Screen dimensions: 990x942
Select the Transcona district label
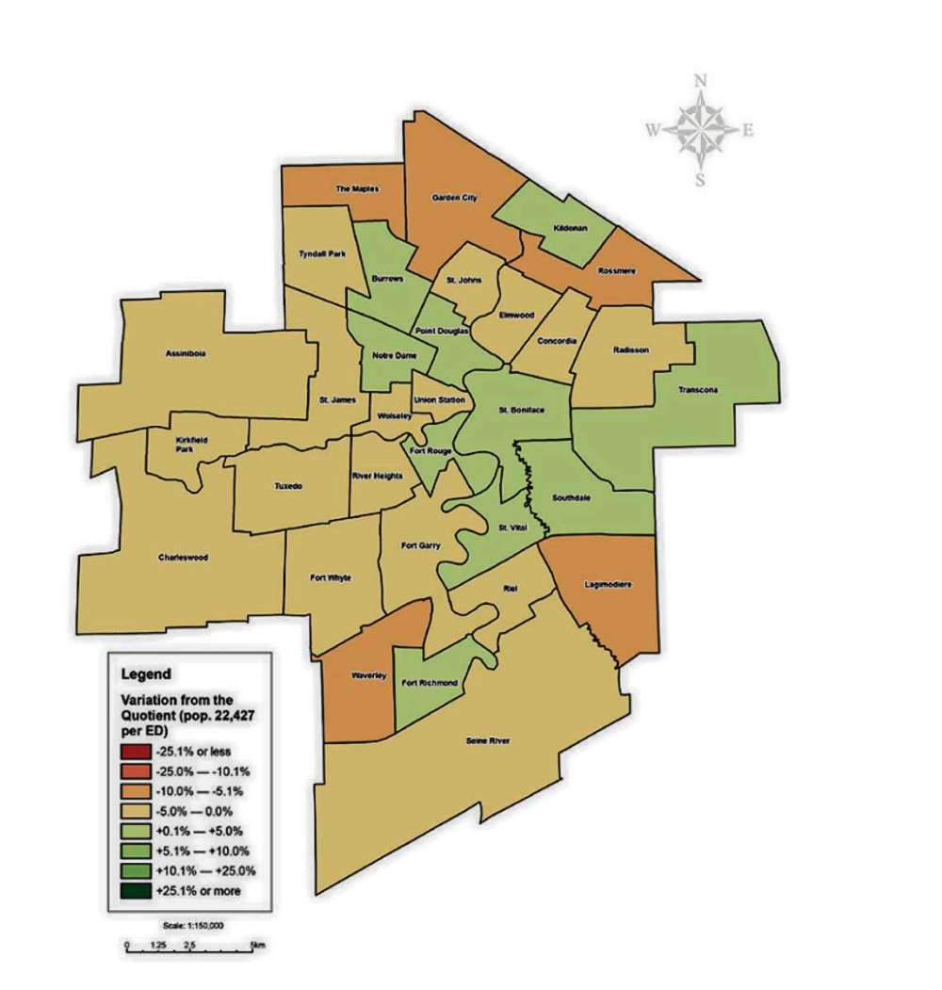pos(698,389)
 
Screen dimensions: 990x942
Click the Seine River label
pos(488,741)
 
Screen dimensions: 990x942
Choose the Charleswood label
pos(183,557)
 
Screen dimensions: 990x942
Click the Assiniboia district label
pos(184,355)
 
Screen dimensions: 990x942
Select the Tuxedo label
pos(287,486)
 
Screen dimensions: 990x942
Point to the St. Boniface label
pos(521,412)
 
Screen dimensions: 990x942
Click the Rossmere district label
pos(618,271)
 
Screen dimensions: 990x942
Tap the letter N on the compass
pos(700,82)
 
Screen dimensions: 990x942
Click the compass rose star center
pos(700,130)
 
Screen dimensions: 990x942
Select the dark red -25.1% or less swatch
pos(129,751)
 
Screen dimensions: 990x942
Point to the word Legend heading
pos(146,674)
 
